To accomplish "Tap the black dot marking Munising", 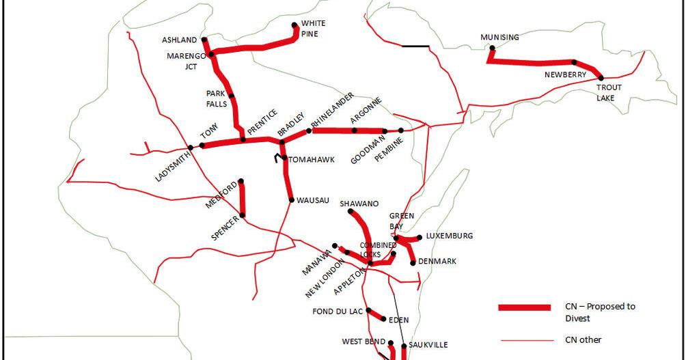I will click(492, 48).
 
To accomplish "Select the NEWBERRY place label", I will click(565, 74).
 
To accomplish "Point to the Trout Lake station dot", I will click(601, 79).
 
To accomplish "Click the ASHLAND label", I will click(180, 40).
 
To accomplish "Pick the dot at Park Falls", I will click(232, 96).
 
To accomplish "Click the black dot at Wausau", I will click(291, 200).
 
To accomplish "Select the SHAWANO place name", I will click(359, 204).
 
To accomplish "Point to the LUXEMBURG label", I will click(449, 236).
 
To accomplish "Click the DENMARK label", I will click(438, 262).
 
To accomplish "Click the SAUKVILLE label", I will click(428, 345).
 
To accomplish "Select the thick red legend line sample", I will click(524, 308).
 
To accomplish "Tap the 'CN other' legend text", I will click(583, 340).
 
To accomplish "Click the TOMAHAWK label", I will click(312, 160).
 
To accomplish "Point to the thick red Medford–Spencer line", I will click(242, 199).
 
